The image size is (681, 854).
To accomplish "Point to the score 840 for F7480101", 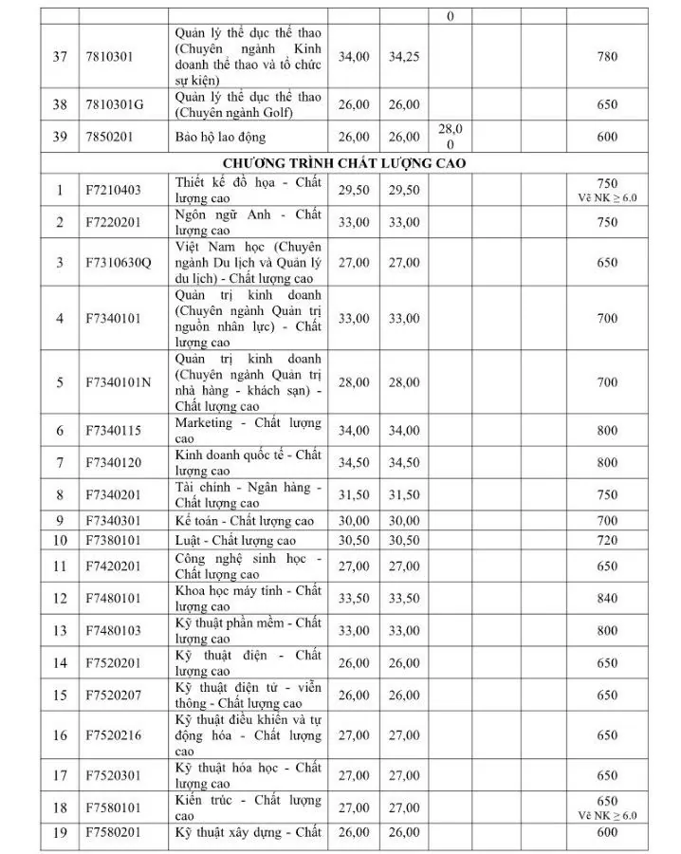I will click(x=607, y=598).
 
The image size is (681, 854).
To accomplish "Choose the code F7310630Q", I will click(x=119, y=263).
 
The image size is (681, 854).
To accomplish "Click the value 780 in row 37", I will click(x=607, y=57).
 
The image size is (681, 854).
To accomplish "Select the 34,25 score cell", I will click(x=404, y=57).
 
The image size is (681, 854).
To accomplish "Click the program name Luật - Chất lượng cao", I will click(x=235, y=541).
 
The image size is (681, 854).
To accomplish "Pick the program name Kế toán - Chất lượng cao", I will click(x=245, y=521).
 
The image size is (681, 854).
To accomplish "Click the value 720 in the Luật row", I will click(x=607, y=541).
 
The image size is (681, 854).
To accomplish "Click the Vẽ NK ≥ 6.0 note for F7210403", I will click(x=607, y=198).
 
